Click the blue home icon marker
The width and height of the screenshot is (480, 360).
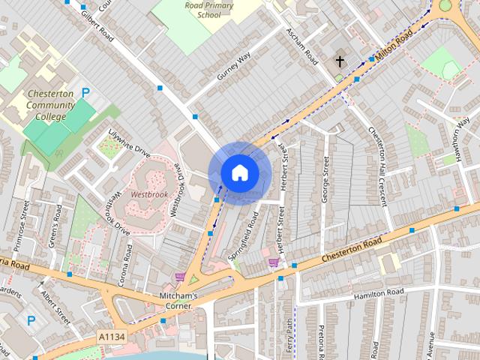pos(239,172)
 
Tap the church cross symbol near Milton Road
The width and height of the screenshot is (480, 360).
pos(340,61)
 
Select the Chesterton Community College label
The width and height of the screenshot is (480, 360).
pos(50,105)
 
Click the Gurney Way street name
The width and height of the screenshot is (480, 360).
pos(232,67)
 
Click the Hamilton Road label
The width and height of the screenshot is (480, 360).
pos(379,291)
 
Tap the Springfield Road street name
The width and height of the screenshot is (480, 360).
pos(243,235)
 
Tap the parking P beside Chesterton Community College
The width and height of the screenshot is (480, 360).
pos(85,94)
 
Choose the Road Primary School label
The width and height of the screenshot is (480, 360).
pos(209,10)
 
